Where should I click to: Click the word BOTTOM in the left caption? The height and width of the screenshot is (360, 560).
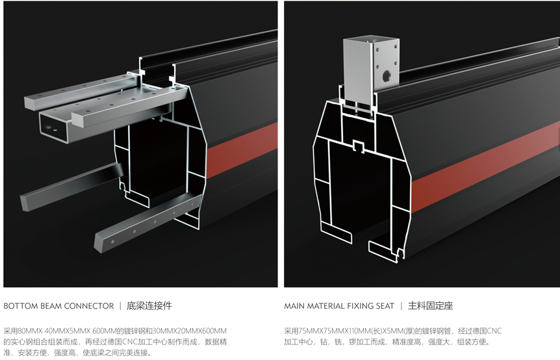click(21, 306)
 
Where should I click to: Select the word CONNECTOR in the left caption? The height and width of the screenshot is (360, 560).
click(90, 306)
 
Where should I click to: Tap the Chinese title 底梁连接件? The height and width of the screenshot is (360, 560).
click(149, 306)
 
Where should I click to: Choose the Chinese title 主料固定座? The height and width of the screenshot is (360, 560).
click(430, 306)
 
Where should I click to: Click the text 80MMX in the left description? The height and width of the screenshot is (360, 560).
click(31, 331)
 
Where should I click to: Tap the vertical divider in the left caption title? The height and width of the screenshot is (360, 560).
click(120, 306)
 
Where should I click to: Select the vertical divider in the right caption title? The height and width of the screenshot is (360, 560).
click(401, 306)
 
